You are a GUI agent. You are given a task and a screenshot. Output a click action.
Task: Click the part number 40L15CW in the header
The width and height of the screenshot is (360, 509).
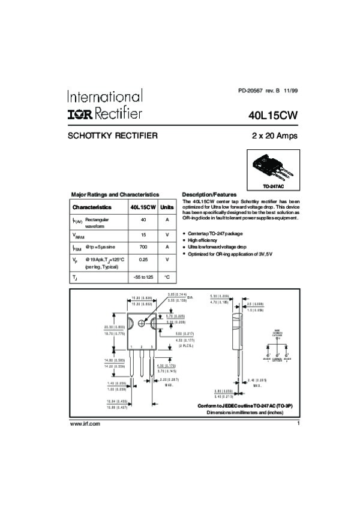click(x=273, y=114)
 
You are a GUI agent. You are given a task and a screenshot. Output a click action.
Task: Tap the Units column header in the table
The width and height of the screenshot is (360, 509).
click(x=167, y=207)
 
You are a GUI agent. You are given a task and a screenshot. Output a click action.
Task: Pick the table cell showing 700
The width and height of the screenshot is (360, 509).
click(x=143, y=247)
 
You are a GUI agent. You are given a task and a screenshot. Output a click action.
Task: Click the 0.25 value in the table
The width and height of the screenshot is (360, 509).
click(x=143, y=260)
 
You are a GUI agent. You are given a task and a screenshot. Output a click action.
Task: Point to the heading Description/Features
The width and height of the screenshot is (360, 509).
click(x=209, y=195)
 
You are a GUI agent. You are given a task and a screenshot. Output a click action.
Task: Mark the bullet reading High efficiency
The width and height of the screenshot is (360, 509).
click(x=206, y=239)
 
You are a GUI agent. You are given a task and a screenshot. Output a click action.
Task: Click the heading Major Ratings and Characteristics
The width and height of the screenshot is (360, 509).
click(x=115, y=195)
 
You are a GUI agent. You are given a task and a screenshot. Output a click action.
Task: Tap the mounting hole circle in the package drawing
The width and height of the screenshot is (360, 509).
click(x=142, y=323)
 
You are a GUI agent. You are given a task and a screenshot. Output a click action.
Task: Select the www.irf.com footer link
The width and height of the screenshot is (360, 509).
click(x=85, y=424)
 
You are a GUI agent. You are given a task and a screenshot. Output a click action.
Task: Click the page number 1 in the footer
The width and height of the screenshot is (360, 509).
click(x=298, y=424)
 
